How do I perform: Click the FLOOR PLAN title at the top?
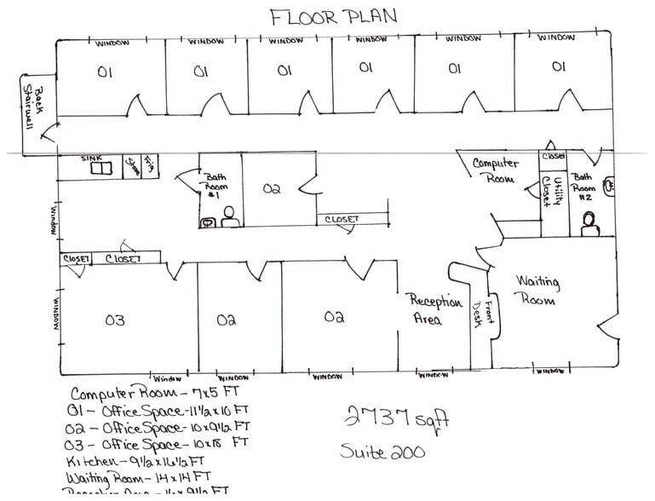[x=333, y=16]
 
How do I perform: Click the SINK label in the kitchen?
[x=91, y=158]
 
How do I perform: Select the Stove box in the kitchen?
[x=132, y=165]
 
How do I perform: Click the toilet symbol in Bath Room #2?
[x=589, y=224]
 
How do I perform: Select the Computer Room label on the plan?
[x=496, y=170]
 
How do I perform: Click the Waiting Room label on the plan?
[x=537, y=290]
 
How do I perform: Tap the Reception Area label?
[x=436, y=310]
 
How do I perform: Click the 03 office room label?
[x=115, y=320]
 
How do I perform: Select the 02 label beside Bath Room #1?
[x=273, y=189]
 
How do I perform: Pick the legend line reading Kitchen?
[x=135, y=461]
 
